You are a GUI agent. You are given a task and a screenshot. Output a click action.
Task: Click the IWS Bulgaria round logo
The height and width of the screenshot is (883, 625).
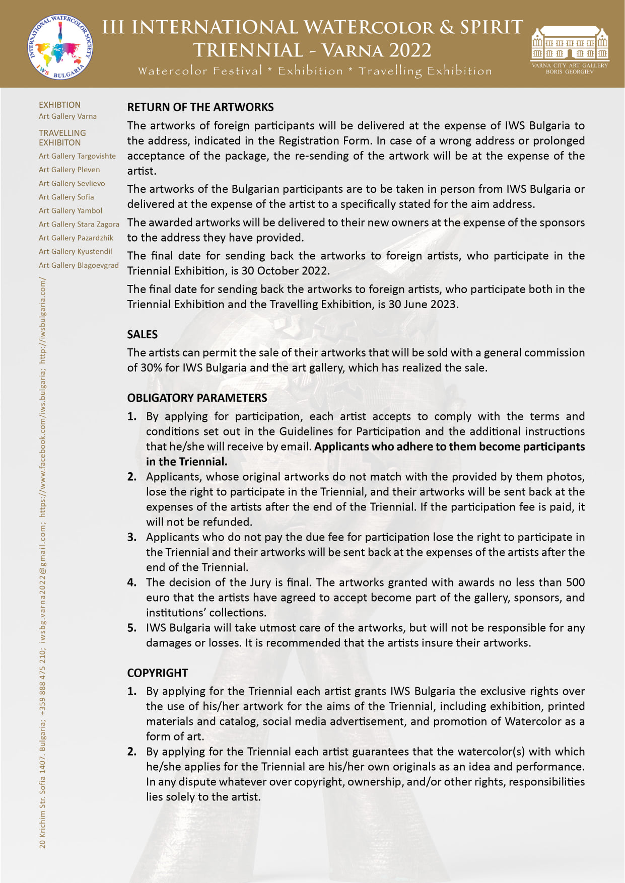[60, 47]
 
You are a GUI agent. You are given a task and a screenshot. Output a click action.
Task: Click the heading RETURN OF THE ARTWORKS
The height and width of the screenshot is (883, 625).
[200, 107]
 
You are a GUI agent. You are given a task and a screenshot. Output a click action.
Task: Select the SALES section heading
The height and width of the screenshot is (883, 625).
[143, 335]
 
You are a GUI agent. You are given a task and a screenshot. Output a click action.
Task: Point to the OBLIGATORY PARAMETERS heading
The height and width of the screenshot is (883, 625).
[197, 398]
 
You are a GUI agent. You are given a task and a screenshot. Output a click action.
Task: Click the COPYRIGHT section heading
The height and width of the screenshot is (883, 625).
[158, 673]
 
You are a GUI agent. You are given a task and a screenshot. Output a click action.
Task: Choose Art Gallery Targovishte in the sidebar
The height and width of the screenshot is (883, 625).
[77, 156]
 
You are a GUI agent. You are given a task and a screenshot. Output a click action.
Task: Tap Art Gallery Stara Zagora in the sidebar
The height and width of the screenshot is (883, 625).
[79, 224]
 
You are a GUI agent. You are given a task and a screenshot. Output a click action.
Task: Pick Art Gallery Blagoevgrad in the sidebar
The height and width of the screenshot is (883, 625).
[79, 265]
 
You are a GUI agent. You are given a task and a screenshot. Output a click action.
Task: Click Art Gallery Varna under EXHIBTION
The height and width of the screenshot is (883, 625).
[67, 116]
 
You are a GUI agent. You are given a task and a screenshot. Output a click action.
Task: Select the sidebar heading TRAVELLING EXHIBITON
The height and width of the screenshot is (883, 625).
[62, 137]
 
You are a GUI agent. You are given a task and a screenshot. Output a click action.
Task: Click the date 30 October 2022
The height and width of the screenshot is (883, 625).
[285, 271]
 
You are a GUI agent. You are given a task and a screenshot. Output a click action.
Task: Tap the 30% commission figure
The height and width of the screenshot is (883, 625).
[151, 368]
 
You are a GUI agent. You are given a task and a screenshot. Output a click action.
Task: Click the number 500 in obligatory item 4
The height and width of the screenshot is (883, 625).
[575, 582]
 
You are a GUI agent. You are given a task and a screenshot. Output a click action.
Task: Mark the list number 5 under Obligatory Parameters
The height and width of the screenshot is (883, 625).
[132, 628]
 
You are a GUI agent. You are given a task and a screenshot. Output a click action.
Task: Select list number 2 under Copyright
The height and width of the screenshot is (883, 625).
[132, 752]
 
